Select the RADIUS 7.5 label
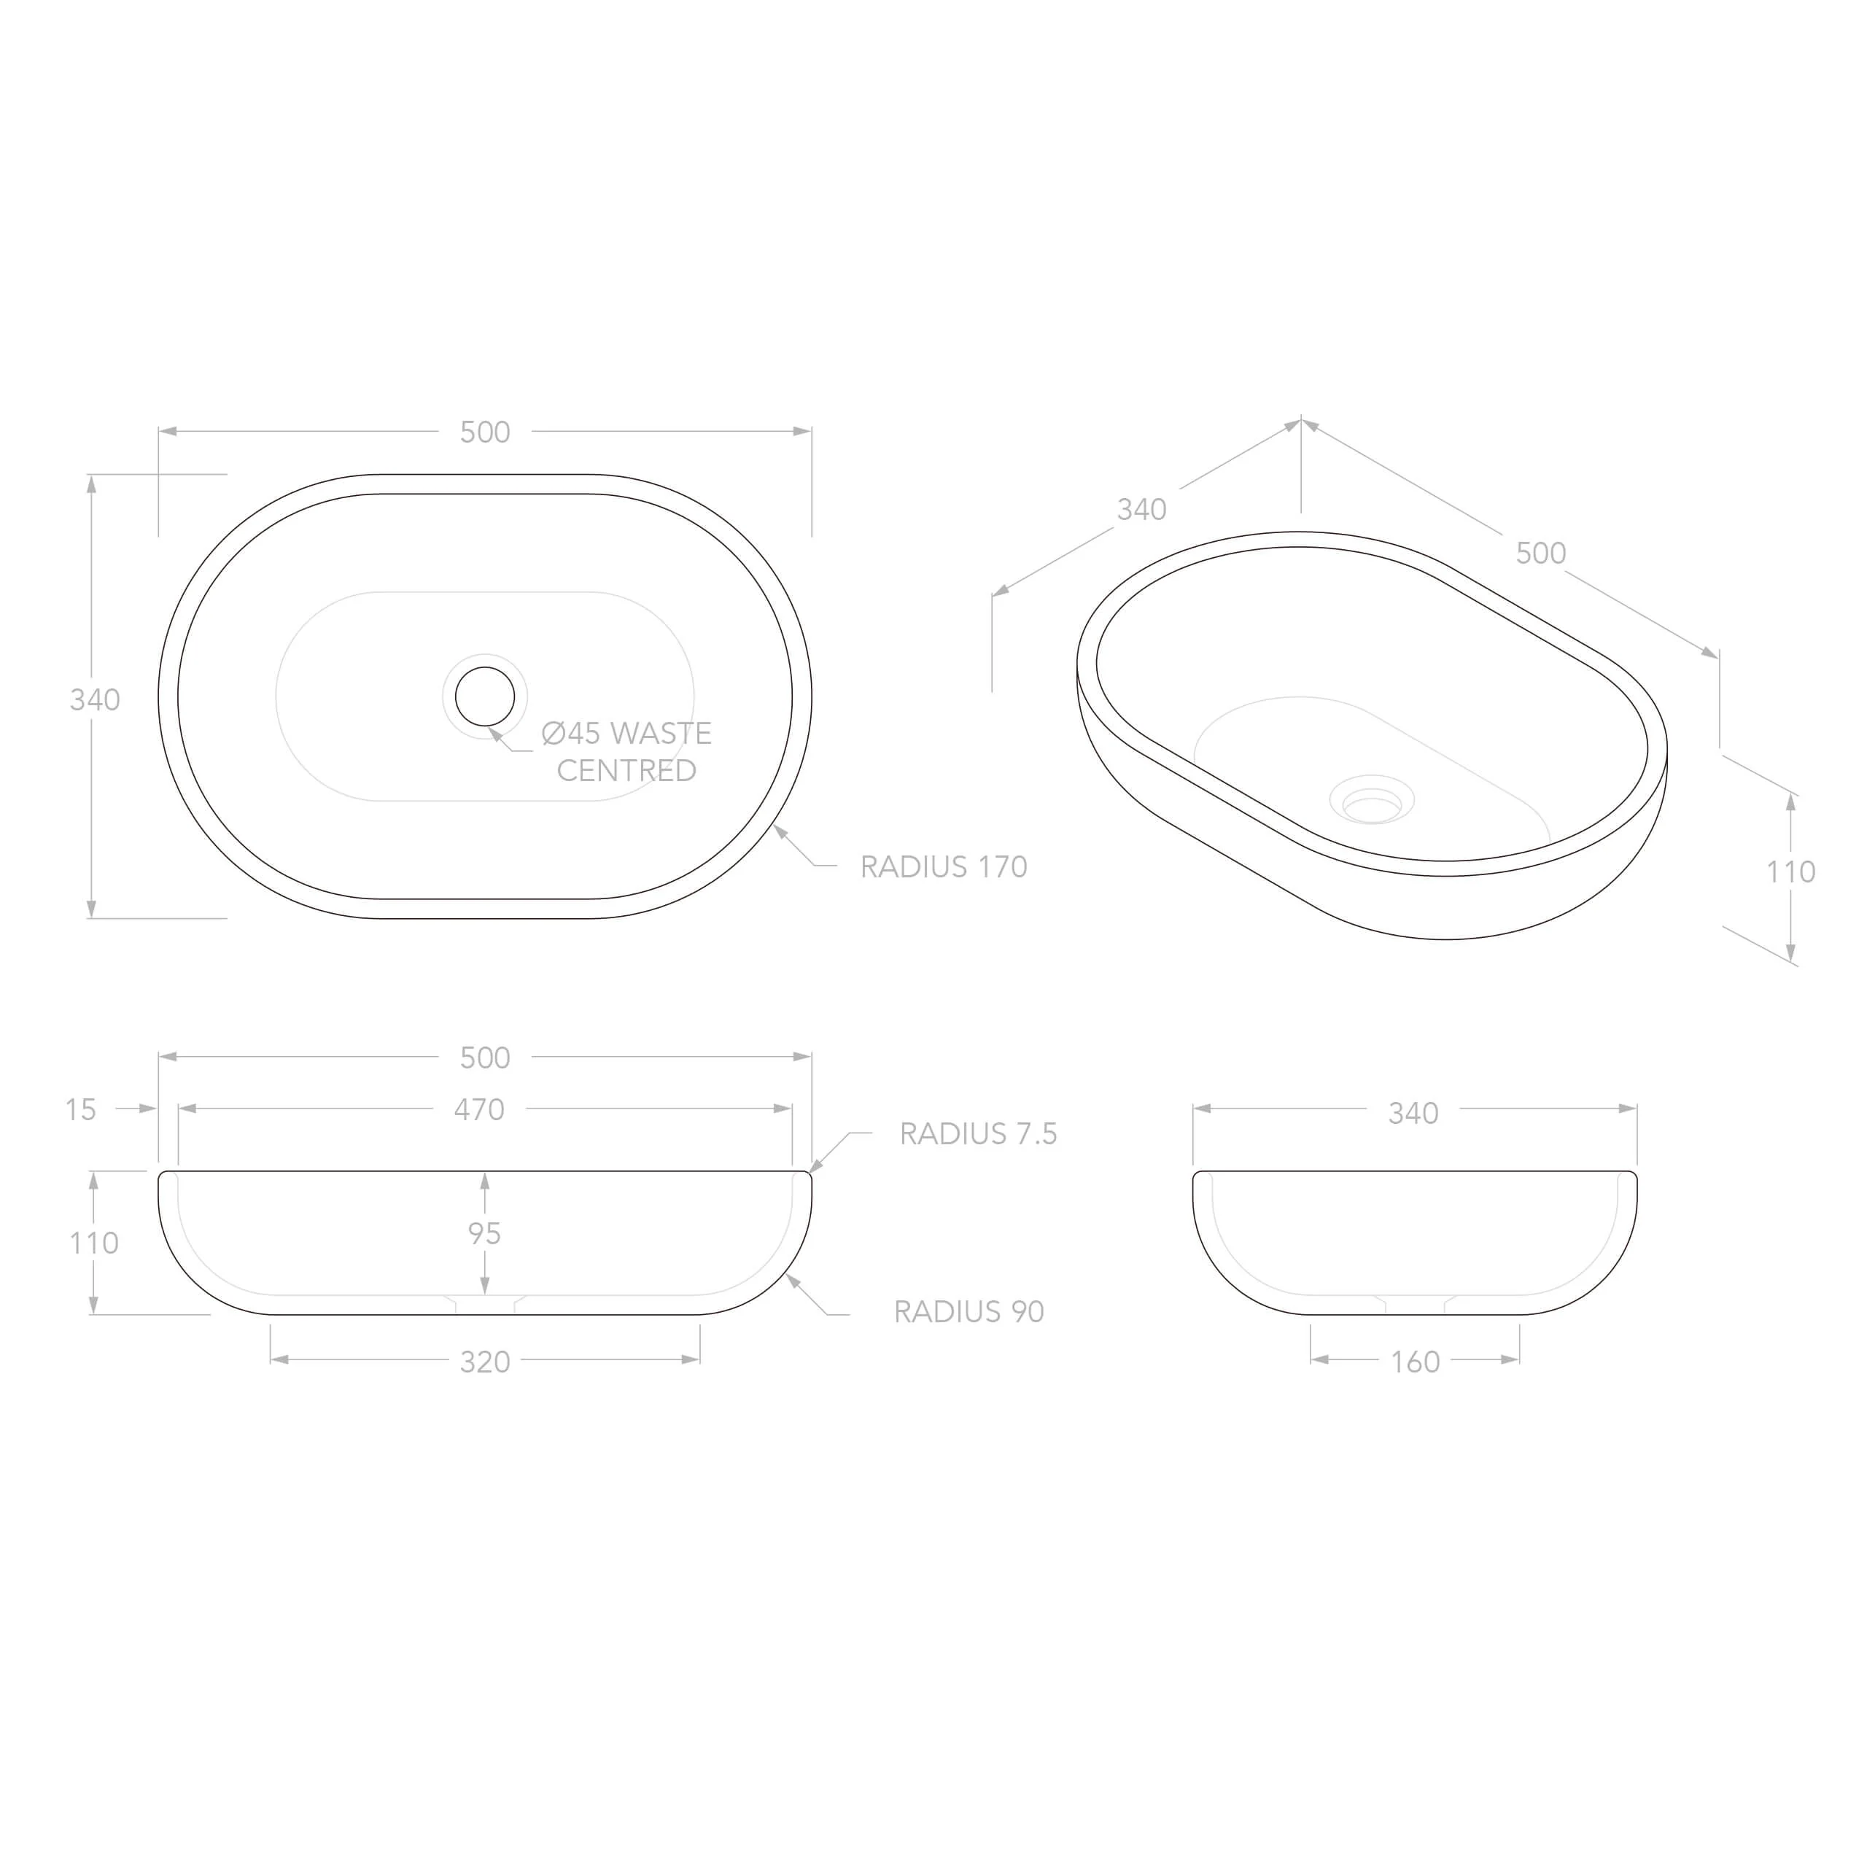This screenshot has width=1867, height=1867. (978, 1133)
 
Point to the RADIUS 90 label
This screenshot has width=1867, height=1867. (969, 1311)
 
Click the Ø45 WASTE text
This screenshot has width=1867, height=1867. (626, 734)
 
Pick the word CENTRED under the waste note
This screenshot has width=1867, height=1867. (626, 770)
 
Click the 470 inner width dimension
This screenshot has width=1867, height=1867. (479, 1109)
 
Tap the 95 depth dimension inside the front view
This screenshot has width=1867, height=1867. (484, 1233)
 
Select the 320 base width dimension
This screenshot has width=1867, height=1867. (485, 1362)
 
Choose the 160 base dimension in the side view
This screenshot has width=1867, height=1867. (1415, 1362)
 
